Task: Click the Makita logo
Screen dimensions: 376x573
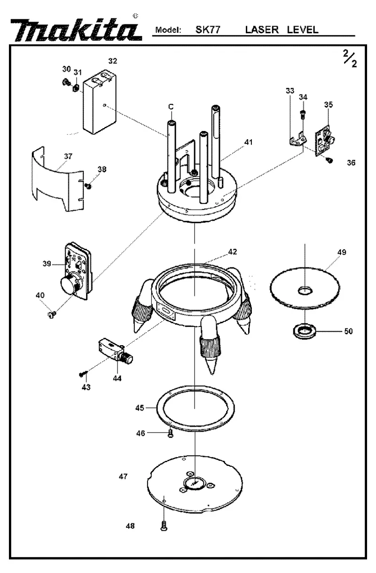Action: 76,30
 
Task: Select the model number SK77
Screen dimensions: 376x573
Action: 208,30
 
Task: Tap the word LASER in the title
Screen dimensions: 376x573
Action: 262,30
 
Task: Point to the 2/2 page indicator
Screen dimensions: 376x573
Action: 350,59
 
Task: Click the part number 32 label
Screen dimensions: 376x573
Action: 113,61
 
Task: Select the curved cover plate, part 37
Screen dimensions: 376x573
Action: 58,179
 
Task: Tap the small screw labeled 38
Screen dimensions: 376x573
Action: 89,186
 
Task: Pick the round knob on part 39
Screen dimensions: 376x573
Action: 68,284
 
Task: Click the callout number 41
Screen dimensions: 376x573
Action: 248,142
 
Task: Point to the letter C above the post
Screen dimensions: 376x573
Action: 171,107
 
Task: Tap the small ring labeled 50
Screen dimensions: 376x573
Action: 305,331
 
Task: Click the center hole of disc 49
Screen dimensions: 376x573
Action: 305,291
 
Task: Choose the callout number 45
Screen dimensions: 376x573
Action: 140,408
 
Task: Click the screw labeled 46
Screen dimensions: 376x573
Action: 171,434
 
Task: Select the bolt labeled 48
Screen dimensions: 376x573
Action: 164,526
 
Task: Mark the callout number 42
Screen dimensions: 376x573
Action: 232,252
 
